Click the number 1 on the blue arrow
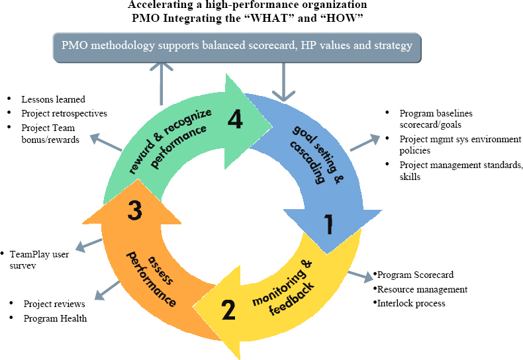pos(326,226)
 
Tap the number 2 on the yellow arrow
pos(228,309)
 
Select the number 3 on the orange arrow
pos(134,211)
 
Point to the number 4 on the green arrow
pos(234,119)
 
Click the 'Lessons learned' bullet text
pos(53,99)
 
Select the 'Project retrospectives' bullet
pos(64,113)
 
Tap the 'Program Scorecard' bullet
pos(415,275)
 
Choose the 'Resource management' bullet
pos(422,289)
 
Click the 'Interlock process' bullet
pos(410,303)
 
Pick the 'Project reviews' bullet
pos(54,304)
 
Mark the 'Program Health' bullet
pos(55,318)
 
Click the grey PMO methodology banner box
pos(237,46)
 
